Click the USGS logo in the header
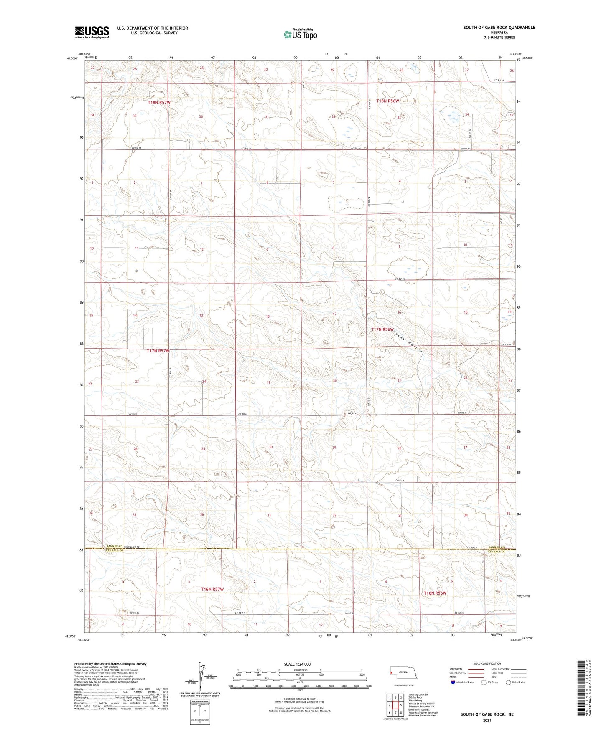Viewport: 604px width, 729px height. pyautogui.click(x=92, y=32)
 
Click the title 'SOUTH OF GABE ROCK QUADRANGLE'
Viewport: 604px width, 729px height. pyautogui.click(x=499, y=28)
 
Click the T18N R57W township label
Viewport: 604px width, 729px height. pyautogui.click(x=159, y=102)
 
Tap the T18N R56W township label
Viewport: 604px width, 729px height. pyautogui.click(x=387, y=101)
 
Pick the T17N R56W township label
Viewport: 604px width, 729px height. pyautogui.click(x=382, y=329)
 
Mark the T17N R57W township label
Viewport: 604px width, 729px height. pyautogui.click(x=158, y=351)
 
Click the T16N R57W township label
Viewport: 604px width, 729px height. pyautogui.click(x=212, y=589)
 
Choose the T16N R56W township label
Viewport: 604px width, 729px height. pyautogui.click(x=435, y=593)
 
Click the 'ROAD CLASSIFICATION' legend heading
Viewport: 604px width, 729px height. pyautogui.click(x=487, y=663)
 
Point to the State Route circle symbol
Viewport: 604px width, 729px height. pyautogui.click(x=508, y=682)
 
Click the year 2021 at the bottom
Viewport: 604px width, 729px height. pyautogui.click(x=487, y=721)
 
